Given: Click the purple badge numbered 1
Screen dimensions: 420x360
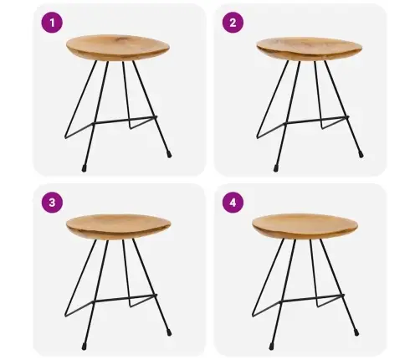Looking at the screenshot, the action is click(52, 23).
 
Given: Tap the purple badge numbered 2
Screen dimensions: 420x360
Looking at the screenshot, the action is click(233, 23).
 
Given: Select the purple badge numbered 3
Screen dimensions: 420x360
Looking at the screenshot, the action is click(52, 203).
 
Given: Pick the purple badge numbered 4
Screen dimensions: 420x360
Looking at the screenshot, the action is click(233, 203).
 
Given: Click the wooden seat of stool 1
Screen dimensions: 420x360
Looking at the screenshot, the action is click(118, 48).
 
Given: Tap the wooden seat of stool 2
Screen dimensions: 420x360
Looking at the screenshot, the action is click(309, 49).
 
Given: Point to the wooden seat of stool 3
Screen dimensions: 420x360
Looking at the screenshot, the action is click(118, 227).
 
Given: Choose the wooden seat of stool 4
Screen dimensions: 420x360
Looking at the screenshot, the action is click(305, 226).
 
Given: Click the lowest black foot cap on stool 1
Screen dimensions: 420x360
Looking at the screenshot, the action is click(84, 168).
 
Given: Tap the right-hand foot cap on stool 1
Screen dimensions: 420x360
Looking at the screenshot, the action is click(169, 155).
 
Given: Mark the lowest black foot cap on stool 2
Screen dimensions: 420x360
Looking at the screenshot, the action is click(275, 168).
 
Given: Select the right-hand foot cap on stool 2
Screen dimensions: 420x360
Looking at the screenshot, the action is click(361, 155).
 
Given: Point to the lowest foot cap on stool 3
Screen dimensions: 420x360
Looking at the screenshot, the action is click(84, 347).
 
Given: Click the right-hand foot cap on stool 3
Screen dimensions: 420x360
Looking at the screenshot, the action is click(169, 332).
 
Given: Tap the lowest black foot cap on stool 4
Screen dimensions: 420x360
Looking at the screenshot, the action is click(271, 347).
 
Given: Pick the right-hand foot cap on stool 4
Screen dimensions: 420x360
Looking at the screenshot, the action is click(356, 332).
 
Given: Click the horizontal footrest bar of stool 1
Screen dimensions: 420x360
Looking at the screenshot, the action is click(125, 120).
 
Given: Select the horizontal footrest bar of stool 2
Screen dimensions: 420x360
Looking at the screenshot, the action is click(316, 120).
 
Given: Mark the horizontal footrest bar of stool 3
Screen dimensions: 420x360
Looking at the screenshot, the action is click(125, 298).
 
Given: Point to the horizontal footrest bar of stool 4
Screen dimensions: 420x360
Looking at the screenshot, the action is click(312, 298).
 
